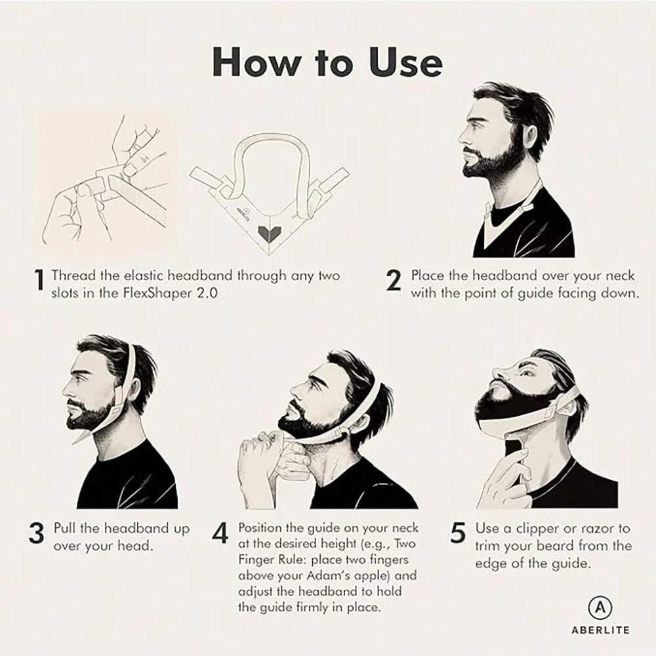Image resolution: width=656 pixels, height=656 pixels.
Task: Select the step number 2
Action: (393, 282)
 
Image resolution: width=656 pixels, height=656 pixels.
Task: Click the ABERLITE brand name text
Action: (598, 630)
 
